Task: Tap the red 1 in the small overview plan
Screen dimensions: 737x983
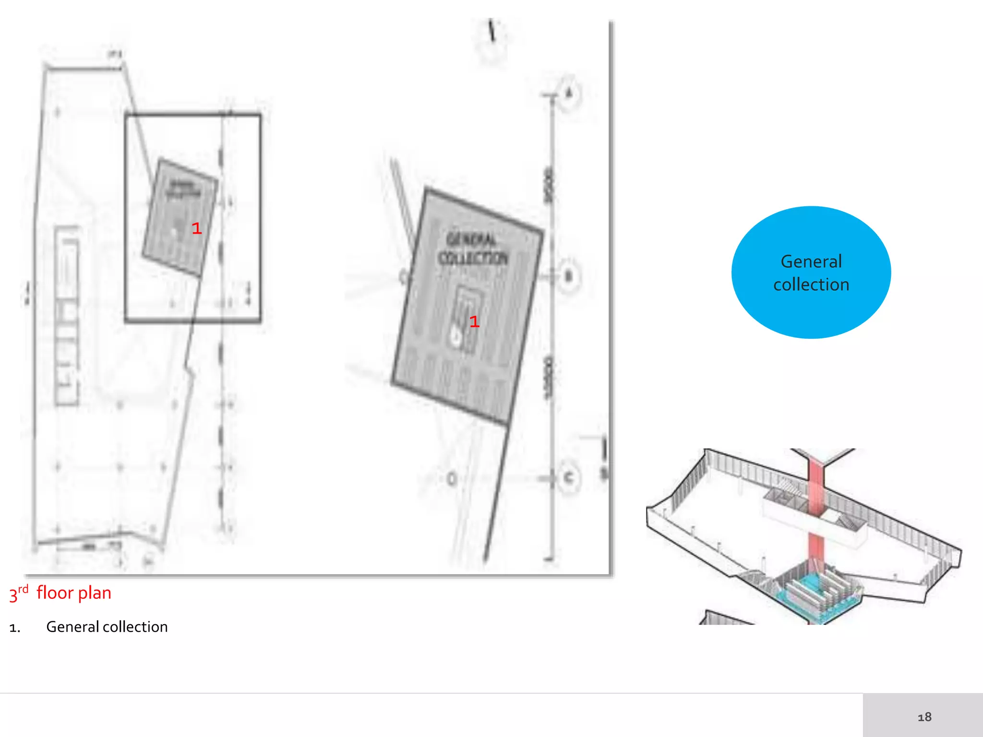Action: coord(196,228)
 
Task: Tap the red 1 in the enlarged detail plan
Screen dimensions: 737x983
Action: coord(474,321)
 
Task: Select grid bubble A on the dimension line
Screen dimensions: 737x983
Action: coord(569,93)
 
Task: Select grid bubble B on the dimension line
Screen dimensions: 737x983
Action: coord(569,276)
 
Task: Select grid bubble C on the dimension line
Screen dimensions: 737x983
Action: coord(569,478)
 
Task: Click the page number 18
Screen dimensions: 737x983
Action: coord(924,717)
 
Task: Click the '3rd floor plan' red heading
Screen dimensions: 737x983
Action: coord(60,593)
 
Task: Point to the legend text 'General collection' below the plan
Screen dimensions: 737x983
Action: coord(107,627)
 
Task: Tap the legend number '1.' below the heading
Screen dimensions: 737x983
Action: coord(15,628)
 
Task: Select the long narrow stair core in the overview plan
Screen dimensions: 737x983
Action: coord(67,317)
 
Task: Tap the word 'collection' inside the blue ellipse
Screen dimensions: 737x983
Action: coord(811,285)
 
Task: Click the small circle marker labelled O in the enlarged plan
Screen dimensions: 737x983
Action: coord(452,479)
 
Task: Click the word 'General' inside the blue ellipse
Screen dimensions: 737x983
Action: coord(811,262)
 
